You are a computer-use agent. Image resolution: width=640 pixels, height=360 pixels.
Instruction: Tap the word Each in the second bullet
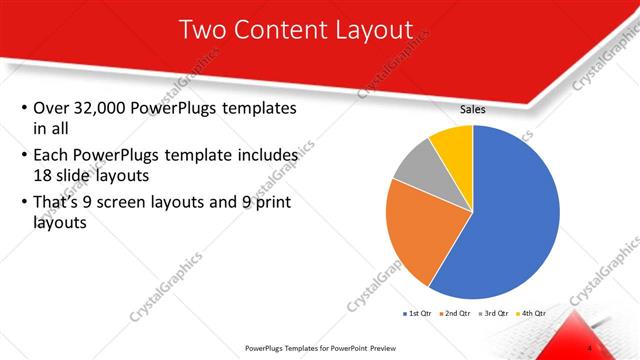coord(52,156)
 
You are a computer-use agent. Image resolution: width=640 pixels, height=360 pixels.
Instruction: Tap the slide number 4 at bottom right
coord(589,347)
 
